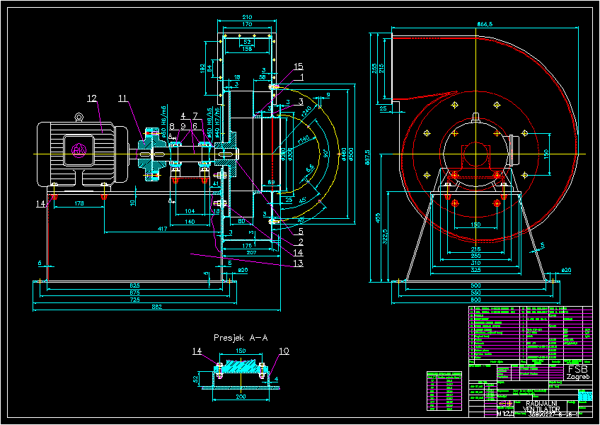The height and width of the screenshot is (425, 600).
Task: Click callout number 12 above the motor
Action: pos(92,98)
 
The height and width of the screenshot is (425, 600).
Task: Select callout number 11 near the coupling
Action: pos(124,98)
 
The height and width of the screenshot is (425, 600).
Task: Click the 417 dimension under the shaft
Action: pos(163,229)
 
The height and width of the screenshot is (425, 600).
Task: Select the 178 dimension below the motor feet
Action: pos(79,204)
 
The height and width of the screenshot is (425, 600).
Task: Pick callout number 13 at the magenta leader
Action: pos(298,263)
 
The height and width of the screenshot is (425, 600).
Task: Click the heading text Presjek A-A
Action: pos(241,338)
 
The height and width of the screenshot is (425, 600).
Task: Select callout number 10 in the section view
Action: pos(284,351)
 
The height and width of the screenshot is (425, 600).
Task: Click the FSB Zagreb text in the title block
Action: pos(577,373)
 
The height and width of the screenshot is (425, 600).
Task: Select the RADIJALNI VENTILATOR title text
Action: pos(543,406)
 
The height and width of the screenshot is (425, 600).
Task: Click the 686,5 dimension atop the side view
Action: pos(485,25)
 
